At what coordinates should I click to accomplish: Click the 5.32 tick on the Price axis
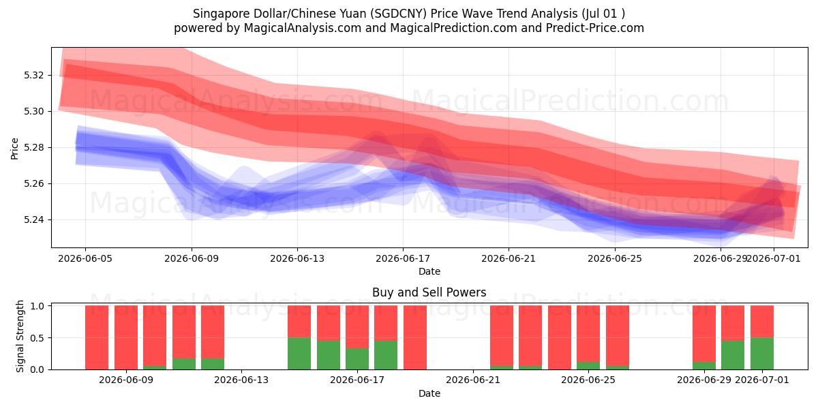(33, 75)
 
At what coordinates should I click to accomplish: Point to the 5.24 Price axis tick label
(33, 219)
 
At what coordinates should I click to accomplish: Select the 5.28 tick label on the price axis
(33, 147)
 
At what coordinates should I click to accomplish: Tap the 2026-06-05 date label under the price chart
(85, 258)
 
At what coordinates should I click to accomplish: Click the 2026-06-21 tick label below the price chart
(509, 258)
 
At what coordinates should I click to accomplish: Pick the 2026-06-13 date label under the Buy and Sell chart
(241, 380)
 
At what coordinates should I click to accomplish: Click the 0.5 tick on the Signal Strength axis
(37, 338)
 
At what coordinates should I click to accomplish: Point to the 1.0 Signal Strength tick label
(37, 305)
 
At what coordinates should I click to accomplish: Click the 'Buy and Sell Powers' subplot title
(429, 292)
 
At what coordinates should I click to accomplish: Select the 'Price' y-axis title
(14, 149)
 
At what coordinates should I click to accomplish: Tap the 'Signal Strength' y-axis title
(20, 336)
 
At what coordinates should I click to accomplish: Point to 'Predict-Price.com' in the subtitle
(595, 28)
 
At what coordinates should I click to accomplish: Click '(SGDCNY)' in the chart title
(398, 14)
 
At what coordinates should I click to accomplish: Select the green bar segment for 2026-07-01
(762, 354)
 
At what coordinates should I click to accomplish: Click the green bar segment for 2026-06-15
(299, 354)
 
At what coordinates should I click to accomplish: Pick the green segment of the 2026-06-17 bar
(357, 359)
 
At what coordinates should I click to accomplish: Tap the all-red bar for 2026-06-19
(415, 337)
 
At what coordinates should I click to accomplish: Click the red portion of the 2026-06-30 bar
(733, 323)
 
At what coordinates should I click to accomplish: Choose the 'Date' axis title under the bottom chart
(429, 393)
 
